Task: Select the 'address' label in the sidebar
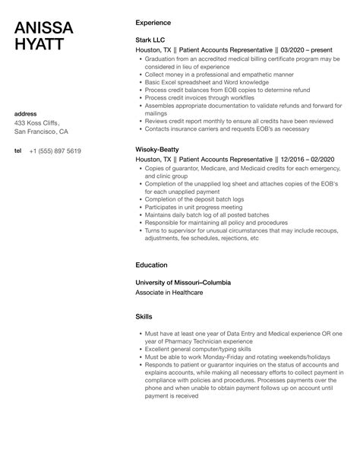(x=27, y=113)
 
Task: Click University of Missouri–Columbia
(x=182, y=282)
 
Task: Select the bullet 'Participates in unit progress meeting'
(x=192, y=206)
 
